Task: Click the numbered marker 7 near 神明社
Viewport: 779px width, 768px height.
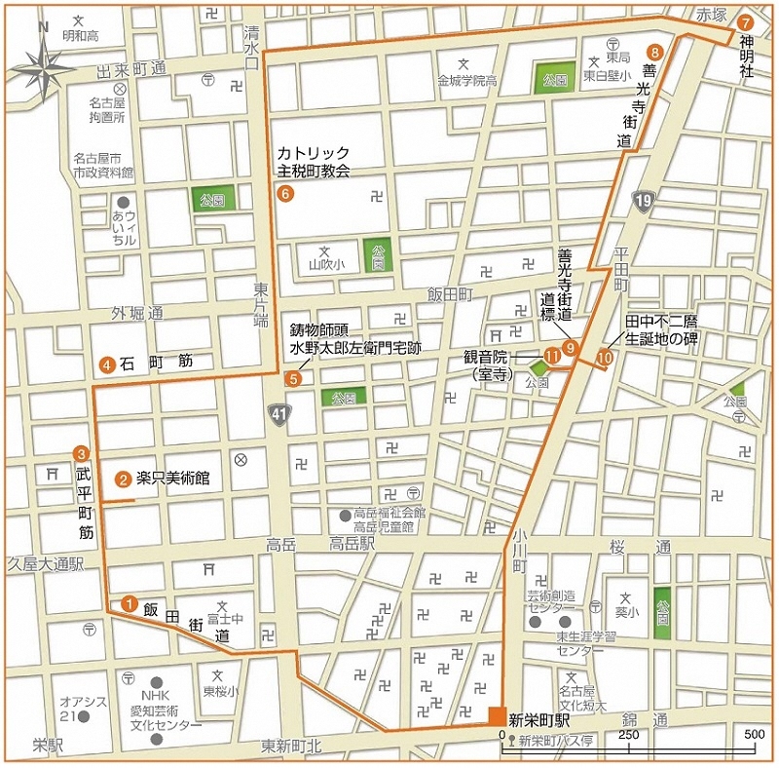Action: point(745,21)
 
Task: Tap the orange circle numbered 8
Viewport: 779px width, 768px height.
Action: point(655,52)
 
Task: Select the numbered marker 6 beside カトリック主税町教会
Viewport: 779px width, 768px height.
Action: point(285,194)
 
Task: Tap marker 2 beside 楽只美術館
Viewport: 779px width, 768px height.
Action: point(123,479)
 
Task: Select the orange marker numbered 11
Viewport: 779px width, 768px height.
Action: point(552,357)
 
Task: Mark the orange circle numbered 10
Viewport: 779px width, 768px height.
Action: point(604,358)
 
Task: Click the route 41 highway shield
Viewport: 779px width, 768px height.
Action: point(279,416)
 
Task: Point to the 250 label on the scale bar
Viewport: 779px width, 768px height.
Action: point(628,734)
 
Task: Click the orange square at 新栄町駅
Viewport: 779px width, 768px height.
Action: point(498,716)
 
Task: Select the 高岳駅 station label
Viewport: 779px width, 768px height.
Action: point(352,544)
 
